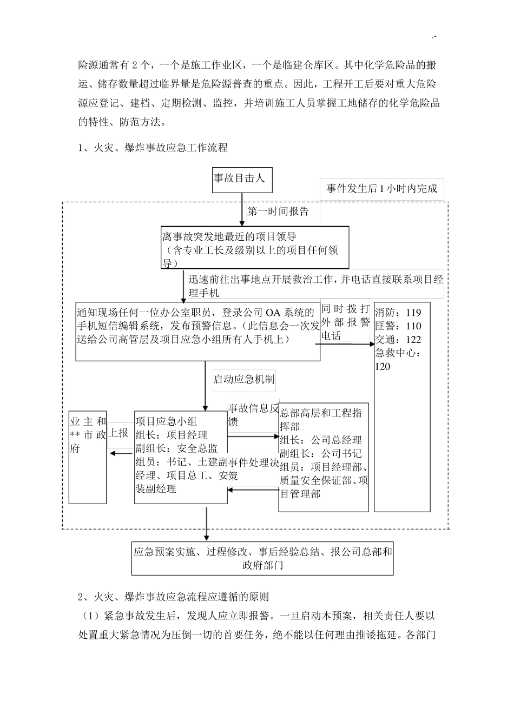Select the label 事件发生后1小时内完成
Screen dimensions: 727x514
(x=381, y=189)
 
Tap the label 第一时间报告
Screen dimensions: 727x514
(x=278, y=212)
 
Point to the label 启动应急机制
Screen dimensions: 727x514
(x=243, y=379)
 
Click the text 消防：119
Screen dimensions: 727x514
(x=398, y=313)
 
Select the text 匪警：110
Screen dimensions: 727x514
(x=398, y=326)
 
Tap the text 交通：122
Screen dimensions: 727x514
(x=398, y=340)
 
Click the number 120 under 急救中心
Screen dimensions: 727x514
(x=383, y=367)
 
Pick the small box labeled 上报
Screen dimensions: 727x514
(x=119, y=433)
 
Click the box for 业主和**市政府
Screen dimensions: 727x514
(x=88, y=457)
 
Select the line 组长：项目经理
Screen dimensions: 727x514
(x=171, y=434)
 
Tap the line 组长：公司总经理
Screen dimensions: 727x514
(x=321, y=440)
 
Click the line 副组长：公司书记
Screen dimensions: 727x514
(x=321, y=453)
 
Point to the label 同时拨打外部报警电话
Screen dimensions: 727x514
(x=345, y=322)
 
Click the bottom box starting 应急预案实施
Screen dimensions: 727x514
(x=262, y=558)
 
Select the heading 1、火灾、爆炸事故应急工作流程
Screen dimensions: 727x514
(x=153, y=147)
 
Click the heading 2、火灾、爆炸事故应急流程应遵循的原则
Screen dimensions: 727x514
(x=173, y=597)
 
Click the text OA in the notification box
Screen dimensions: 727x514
(x=272, y=313)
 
